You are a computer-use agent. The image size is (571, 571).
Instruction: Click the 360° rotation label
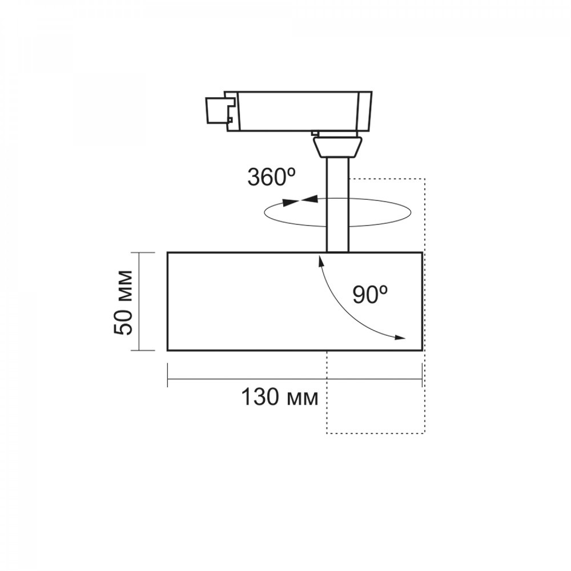[x=271, y=178]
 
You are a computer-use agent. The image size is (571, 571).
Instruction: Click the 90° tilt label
[x=370, y=294]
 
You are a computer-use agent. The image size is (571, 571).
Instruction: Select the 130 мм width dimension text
[x=280, y=397]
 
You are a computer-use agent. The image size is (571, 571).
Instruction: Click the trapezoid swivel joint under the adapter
[x=337, y=147]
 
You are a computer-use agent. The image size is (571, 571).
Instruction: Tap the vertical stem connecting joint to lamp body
[x=338, y=204]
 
